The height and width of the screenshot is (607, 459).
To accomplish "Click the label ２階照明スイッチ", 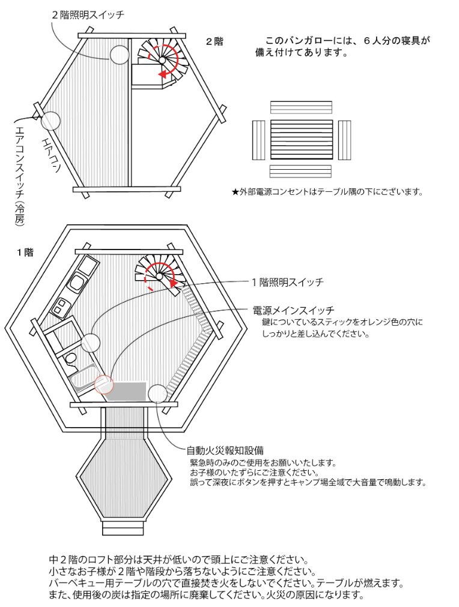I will [x=88, y=13].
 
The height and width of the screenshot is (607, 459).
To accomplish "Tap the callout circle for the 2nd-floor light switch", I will [x=119, y=55].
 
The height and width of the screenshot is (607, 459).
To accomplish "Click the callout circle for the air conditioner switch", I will [x=50, y=121].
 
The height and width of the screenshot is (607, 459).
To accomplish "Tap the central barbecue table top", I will [x=301, y=140].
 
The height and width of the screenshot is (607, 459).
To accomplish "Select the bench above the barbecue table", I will [x=301, y=107].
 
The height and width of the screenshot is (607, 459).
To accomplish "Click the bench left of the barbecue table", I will [x=259, y=140].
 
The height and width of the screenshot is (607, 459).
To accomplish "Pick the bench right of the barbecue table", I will [x=344, y=140].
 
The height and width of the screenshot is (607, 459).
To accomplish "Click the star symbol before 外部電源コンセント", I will [x=235, y=193].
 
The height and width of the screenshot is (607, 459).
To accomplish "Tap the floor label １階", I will [x=25, y=253].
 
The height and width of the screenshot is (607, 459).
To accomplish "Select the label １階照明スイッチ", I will [x=287, y=281].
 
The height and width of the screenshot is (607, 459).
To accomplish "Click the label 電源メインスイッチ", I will [x=294, y=310].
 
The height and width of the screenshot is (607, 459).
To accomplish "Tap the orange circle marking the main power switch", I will [x=104, y=384].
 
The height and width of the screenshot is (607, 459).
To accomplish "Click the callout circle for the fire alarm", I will [x=157, y=393].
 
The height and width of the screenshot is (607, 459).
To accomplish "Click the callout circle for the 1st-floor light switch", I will [x=90, y=342].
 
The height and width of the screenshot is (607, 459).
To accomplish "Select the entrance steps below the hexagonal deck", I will [x=123, y=527].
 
